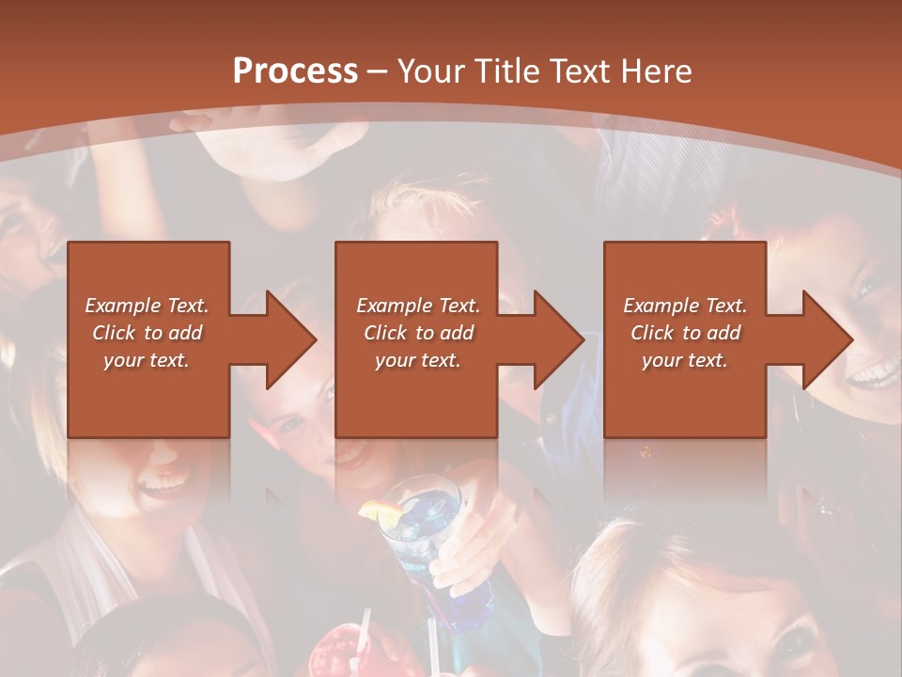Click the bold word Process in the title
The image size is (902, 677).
tap(295, 71)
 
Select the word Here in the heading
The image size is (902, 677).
tap(655, 71)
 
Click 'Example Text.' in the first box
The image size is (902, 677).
tap(148, 305)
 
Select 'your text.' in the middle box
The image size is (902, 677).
tap(417, 360)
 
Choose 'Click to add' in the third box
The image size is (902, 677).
tap(685, 333)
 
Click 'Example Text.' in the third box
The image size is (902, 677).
tap(685, 305)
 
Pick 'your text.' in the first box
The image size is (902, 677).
tap(148, 360)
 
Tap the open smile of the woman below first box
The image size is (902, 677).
tap(164, 485)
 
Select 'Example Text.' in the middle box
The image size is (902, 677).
tap(417, 305)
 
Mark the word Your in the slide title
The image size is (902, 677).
tap(431, 71)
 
